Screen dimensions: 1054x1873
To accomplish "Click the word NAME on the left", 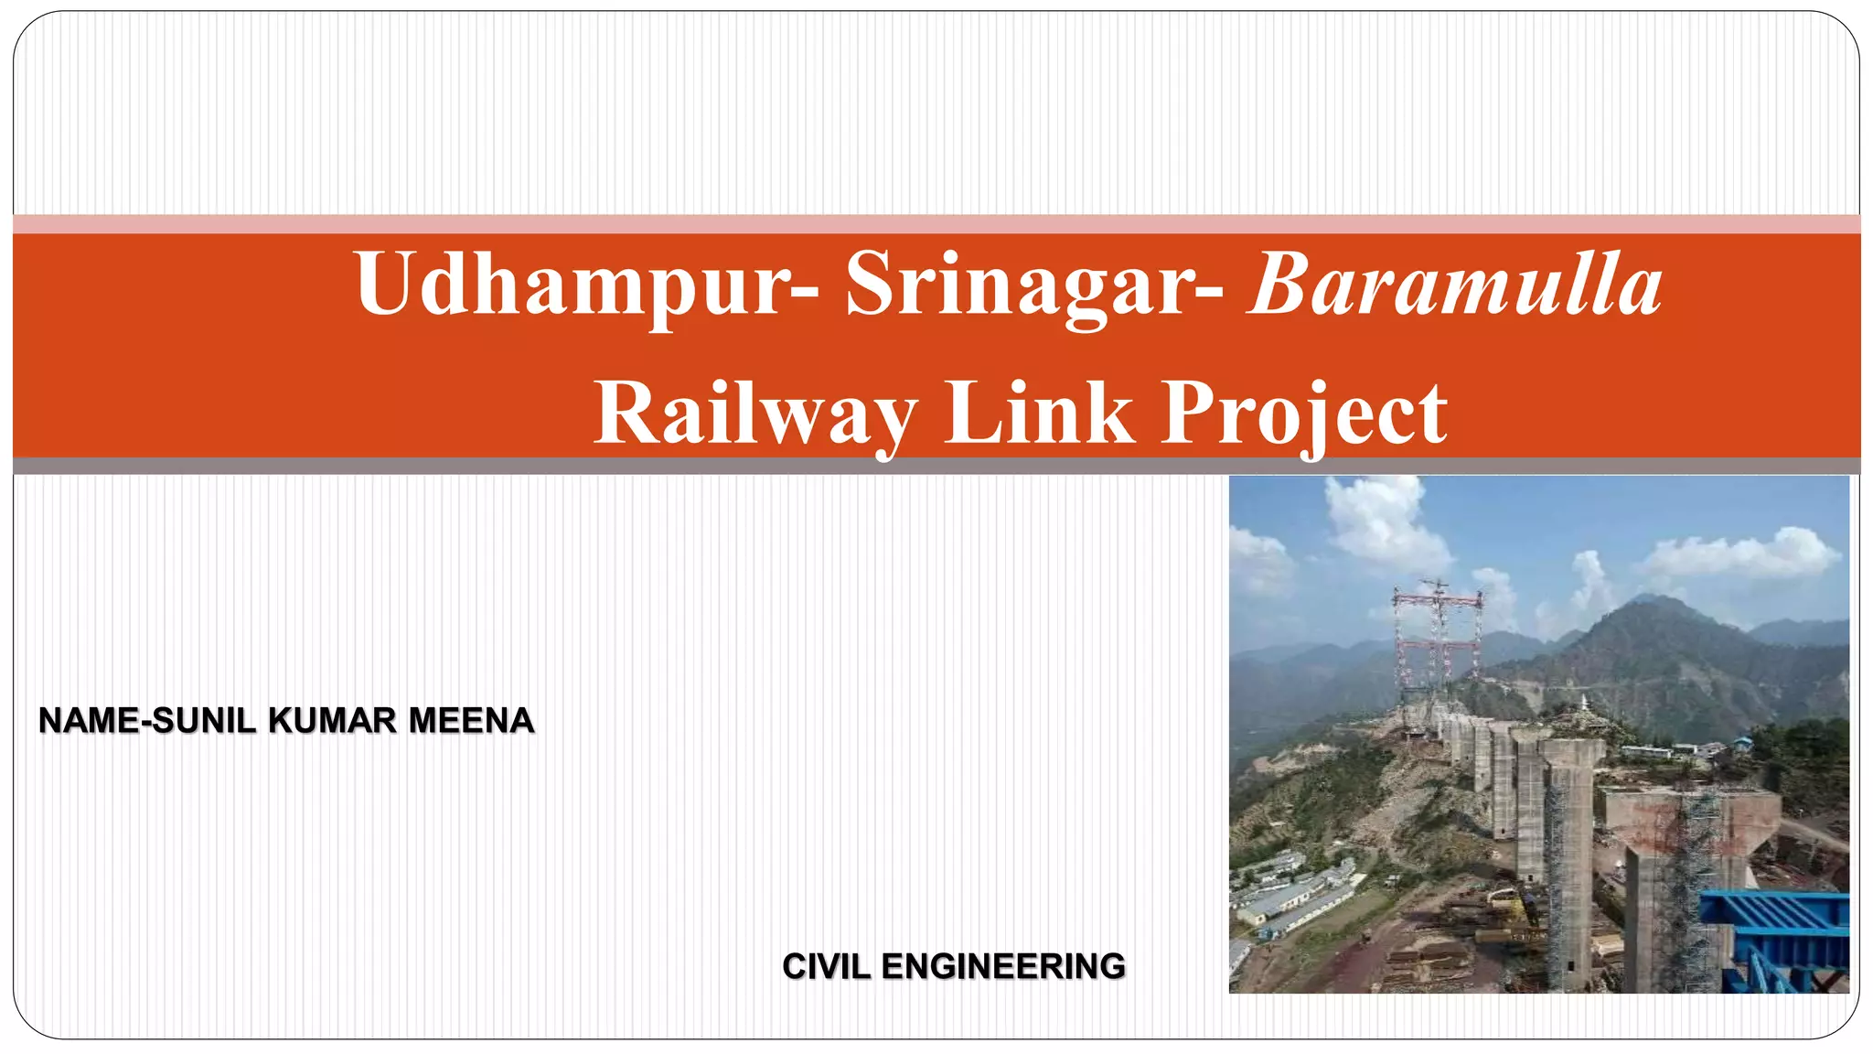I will tap(89, 721).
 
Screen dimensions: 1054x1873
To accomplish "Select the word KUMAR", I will tap(333, 721).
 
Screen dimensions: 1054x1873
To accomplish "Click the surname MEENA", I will tap(470, 721).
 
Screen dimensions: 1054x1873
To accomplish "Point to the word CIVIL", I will tap(825, 966).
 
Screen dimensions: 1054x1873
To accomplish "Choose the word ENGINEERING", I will tap(1003, 966).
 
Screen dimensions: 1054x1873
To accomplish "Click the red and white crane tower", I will tap(1436, 640).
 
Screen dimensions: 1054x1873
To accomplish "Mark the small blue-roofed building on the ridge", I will tap(1742, 741).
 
